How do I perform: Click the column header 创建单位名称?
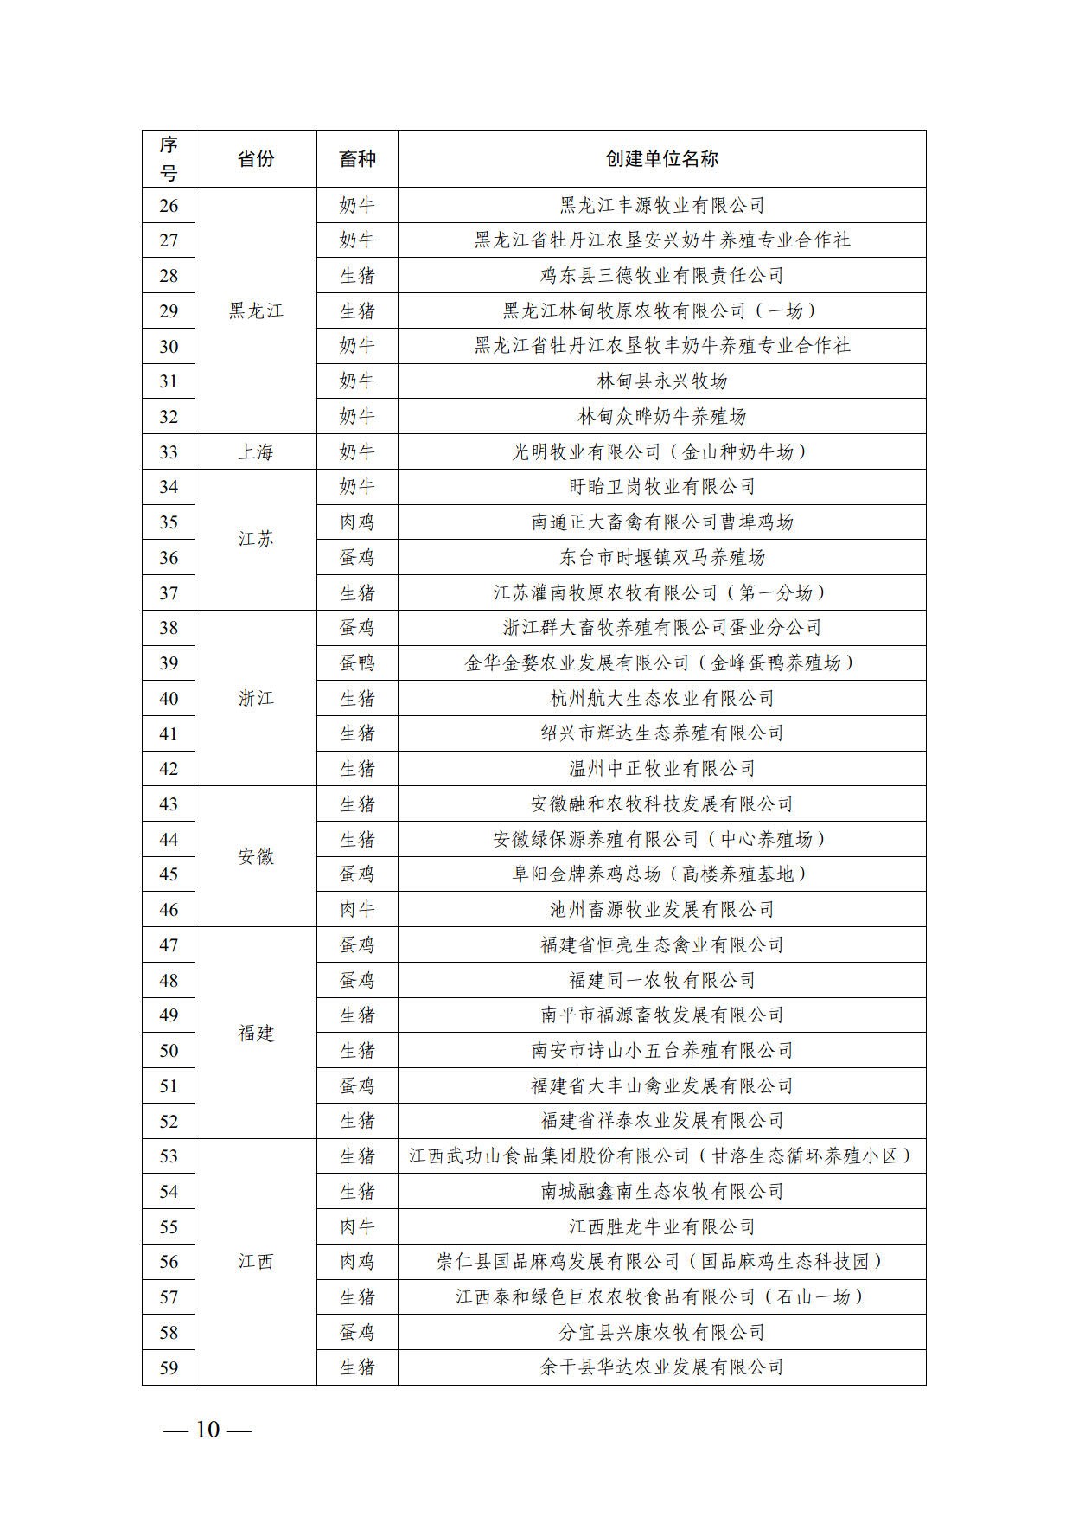(x=661, y=159)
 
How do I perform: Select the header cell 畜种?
(x=357, y=159)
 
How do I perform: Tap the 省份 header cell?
(x=256, y=159)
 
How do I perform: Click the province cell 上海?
(x=256, y=451)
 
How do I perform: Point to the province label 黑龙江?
(x=256, y=310)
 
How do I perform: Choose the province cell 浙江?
(x=256, y=698)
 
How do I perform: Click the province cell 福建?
(x=256, y=1033)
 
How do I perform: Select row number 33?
(x=169, y=451)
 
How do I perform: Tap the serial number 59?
(x=169, y=1367)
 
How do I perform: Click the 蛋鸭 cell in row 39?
(x=357, y=663)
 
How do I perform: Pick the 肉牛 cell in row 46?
(x=357, y=909)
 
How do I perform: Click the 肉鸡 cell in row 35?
(x=357, y=522)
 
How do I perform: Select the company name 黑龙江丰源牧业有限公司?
(x=661, y=206)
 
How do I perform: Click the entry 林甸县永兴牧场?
(x=661, y=381)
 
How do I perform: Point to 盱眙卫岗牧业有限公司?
(x=661, y=487)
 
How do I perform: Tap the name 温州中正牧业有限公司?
(x=661, y=769)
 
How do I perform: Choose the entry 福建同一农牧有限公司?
(x=661, y=980)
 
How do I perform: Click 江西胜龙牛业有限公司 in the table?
(x=661, y=1226)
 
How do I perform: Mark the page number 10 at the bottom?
(x=207, y=1430)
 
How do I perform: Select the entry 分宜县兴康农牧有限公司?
(x=661, y=1332)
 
